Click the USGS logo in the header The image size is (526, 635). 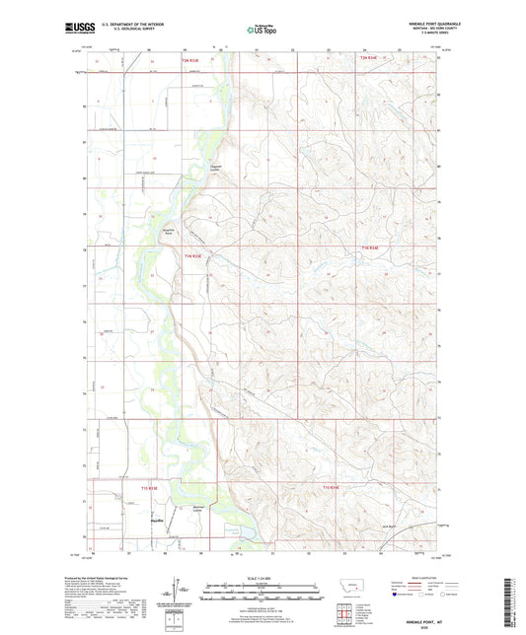click(74, 29)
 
